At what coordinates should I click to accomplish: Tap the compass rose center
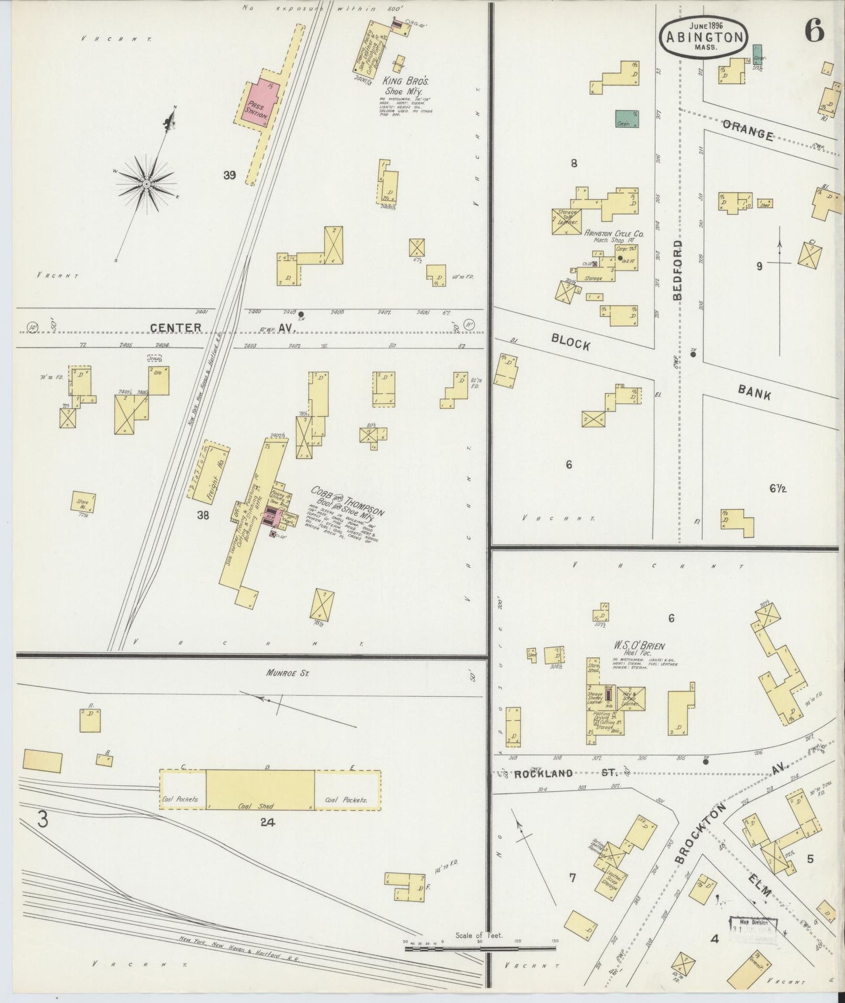pyautogui.click(x=146, y=184)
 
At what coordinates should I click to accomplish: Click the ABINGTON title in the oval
pyautogui.click(x=703, y=37)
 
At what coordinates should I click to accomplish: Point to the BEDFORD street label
pyautogui.click(x=678, y=269)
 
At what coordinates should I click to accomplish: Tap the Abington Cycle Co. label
pyautogui.click(x=613, y=233)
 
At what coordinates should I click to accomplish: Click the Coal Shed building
pyautogui.click(x=260, y=790)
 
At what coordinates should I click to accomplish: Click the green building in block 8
pyautogui.click(x=627, y=119)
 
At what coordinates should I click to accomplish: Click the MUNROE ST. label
pyautogui.click(x=288, y=674)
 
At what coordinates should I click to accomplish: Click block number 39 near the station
pyautogui.click(x=229, y=175)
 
